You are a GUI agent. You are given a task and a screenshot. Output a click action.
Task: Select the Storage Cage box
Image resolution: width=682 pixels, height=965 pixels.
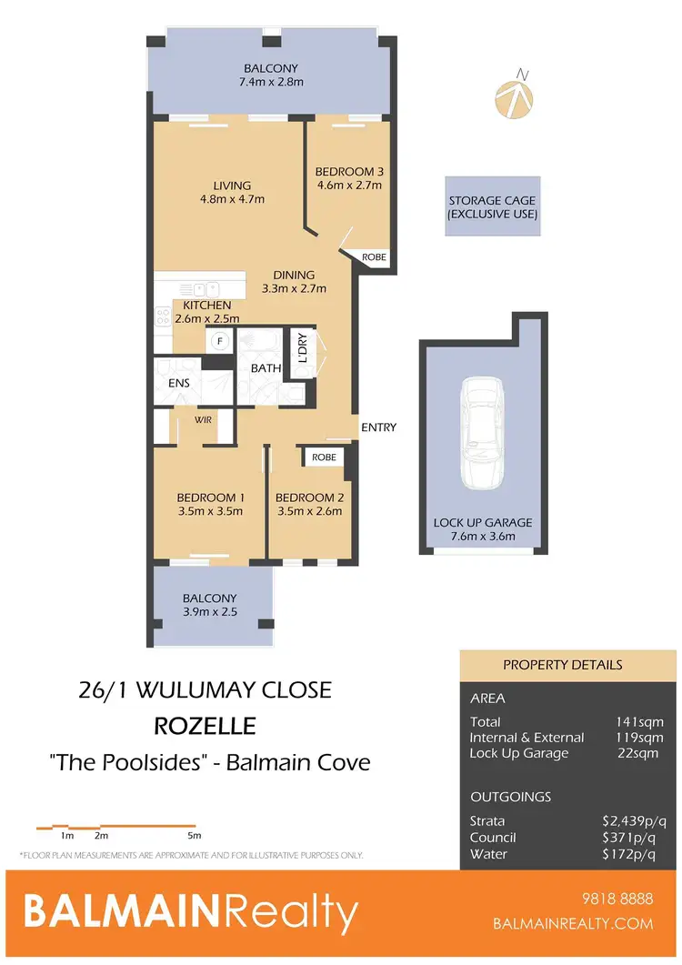pos(493,207)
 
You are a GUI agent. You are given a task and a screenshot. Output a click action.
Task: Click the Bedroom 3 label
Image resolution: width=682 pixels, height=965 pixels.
pos(347,172)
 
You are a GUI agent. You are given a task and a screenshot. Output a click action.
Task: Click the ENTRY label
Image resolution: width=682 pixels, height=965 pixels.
pos(378,427)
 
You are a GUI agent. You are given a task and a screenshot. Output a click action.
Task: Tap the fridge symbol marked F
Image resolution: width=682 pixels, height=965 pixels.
pos(219,341)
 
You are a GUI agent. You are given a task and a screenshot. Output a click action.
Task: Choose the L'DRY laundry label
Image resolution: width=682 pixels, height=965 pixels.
pos(301,348)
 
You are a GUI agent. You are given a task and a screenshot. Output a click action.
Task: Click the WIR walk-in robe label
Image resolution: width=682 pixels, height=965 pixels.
pos(202,421)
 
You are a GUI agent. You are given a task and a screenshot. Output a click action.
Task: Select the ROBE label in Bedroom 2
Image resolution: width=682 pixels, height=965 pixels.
pos(324,457)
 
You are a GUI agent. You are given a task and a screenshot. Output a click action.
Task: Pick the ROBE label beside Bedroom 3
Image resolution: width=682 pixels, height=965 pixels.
pos(374,257)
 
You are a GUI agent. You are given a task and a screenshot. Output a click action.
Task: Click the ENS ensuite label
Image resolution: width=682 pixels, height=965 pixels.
pos(179,383)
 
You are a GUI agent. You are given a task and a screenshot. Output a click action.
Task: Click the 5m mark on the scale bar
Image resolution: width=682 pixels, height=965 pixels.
pos(194,834)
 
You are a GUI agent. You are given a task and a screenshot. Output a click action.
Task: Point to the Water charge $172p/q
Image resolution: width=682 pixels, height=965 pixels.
pos(627,855)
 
